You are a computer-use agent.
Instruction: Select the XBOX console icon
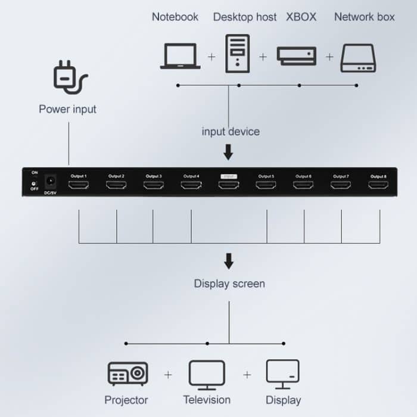[x=296, y=56]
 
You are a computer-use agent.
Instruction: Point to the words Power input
[x=67, y=109]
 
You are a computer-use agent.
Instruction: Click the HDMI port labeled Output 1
[x=79, y=185]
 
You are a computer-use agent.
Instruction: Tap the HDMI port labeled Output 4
[x=191, y=185]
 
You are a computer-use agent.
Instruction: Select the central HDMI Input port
[x=229, y=185]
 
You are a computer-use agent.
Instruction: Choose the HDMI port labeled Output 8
[x=378, y=185]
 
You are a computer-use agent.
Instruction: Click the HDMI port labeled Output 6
[x=303, y=185]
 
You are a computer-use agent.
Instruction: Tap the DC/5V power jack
[x=51, y=181]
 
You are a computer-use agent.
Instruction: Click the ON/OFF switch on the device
[x=35, y=180]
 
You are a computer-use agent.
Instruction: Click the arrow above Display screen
[x=228, y=262]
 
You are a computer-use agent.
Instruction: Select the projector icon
[x=127, y=374]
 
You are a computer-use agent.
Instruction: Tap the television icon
[x=207, y=374]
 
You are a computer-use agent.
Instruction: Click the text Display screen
[x=229, y=284]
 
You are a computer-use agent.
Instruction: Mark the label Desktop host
[x=245, y=17]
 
